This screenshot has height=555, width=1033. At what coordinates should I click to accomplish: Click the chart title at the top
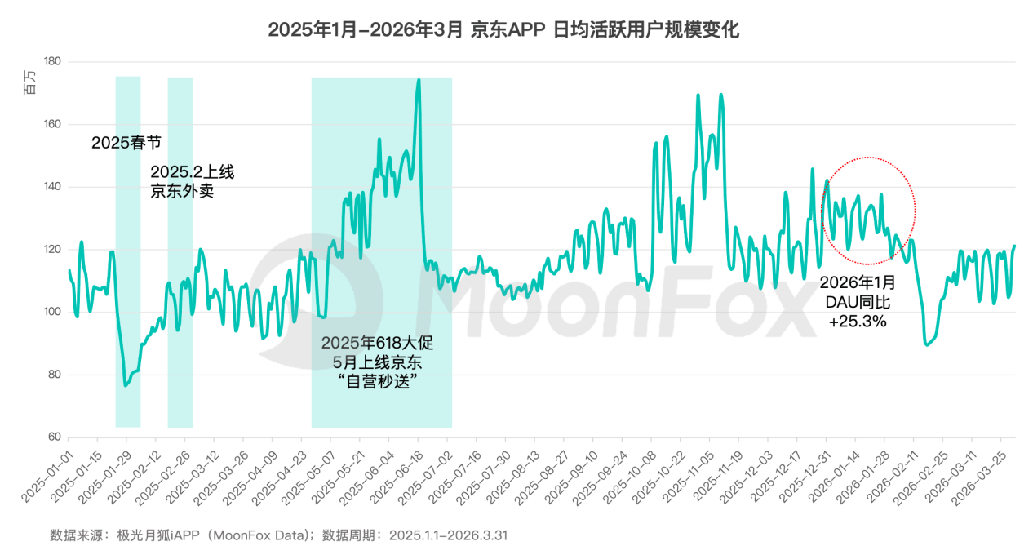click(503, 30)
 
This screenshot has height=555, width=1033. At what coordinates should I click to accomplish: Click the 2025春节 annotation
click(126, 143)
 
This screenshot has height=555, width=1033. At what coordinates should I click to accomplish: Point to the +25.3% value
click(858, 322)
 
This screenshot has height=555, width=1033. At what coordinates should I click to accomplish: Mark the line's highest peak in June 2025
click(419, 80)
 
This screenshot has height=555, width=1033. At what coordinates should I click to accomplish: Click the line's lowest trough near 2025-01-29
click(126, 385)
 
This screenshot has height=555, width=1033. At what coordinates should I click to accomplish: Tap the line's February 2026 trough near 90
click(926, 344)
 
